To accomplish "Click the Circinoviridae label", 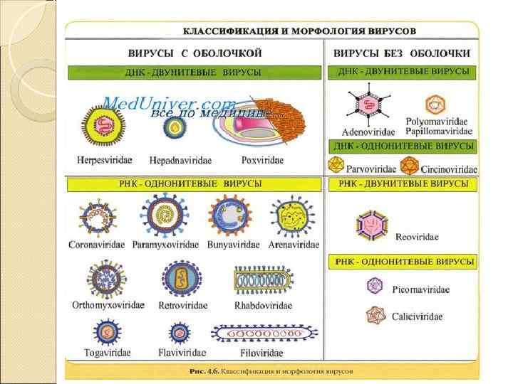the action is [449, 170].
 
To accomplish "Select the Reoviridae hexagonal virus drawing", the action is [373, 225].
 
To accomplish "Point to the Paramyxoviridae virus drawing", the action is [165, 216].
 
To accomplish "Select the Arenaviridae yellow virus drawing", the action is [292, 216].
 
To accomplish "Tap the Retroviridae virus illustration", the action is [178, 277].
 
